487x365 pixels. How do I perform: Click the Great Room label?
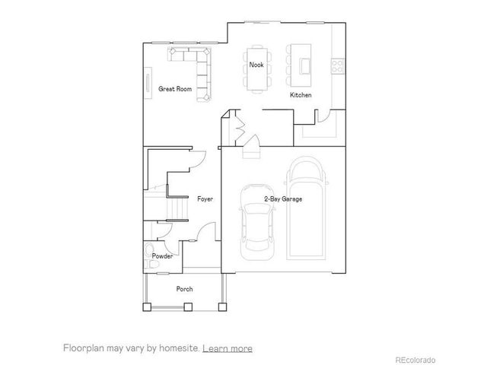click(174, 89)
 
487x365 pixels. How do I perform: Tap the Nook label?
click(256, 65)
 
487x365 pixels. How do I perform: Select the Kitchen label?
click(301, 95)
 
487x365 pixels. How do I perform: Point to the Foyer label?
click(205, 199)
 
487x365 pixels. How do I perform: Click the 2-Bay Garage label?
click(283, 199)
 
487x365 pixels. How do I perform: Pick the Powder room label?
click(162, 256)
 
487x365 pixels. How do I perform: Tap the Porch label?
click(184, 289)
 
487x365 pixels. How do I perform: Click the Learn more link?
click(228, 348)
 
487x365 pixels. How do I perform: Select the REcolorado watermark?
click(415, 358)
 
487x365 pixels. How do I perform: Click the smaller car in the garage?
click(255, 221)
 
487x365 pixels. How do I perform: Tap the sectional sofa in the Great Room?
click(196, 70)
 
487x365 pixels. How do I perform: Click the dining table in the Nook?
click(256, 66)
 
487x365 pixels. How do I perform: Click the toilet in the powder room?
click(149, 253)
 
